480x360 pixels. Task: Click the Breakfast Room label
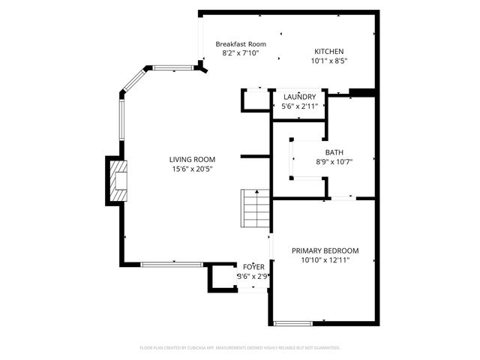pos(241,44)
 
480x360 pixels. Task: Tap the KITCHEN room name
pos(329,51)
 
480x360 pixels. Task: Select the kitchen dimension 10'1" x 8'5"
pos(329,61)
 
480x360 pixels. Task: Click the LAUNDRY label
pos(299,97)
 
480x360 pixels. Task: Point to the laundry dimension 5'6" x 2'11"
pos(299,106)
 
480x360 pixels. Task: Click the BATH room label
pos(334,151)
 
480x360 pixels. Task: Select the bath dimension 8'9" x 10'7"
pos(334,161)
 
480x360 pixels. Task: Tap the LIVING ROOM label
pos(192,159)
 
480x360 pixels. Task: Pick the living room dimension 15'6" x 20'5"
pos(192,169)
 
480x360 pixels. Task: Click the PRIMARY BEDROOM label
pos(325,250)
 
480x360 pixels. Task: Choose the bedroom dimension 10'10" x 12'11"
pos(325,260)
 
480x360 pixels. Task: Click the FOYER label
pos(253,266)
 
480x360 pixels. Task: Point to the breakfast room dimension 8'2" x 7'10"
pos(241,54)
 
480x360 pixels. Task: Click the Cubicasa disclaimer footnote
pos(240,348)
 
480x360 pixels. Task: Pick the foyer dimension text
pos(253,276)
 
